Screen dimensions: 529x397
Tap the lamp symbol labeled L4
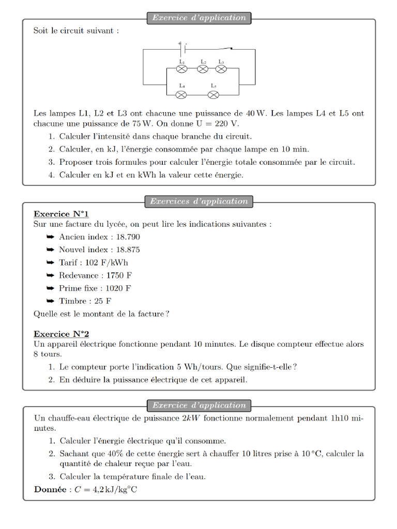(182, 95)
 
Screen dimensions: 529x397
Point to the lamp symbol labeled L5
(213, 95)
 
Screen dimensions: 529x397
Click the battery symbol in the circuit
(182, 50)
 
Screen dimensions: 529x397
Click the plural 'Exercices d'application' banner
(198, 201)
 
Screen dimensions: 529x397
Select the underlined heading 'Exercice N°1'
(61, 214)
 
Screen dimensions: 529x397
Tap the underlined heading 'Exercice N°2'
(61, 334)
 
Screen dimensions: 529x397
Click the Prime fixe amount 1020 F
(118, 288)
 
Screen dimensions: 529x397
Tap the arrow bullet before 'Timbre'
(50, 301)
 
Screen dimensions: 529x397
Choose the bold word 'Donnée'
(50, 490)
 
